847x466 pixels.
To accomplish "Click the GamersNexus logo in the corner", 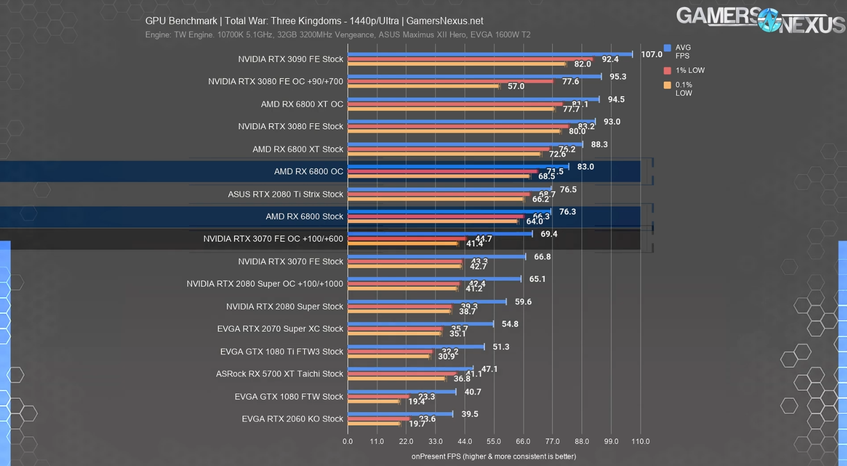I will click(760, 20).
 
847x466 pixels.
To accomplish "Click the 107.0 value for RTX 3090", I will click(651, 54).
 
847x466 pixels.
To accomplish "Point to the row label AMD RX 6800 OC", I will click(308, 171).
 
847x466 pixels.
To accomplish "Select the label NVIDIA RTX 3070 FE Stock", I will click(290, 262).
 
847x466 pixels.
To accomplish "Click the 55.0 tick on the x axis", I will click(494, 441).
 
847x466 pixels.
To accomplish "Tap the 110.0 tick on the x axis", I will click(641, 441).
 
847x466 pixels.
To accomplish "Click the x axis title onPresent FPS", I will click(493, 456).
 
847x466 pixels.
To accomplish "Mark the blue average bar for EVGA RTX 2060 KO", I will click(400, 414).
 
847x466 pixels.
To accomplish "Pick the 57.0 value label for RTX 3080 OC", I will click(516, 86).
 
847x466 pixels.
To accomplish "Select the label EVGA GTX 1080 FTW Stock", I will click(289, 397).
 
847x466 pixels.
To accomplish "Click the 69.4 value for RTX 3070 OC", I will click(549, 234).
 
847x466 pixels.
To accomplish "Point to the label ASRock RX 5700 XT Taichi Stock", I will click(279, 374).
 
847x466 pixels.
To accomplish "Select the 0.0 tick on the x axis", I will click(348, 441).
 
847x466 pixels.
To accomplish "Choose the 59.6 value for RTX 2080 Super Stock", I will click(523, 302).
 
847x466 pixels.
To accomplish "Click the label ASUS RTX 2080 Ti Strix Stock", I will click(285, 194).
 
